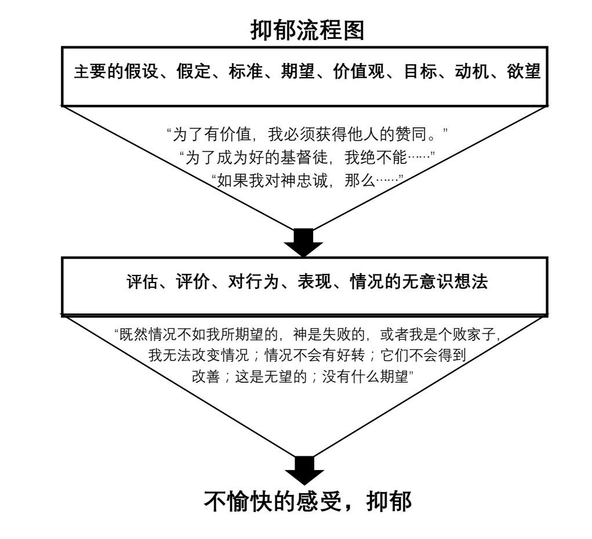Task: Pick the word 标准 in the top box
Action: pos(242,74)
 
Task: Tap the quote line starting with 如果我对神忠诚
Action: pos(307,177)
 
